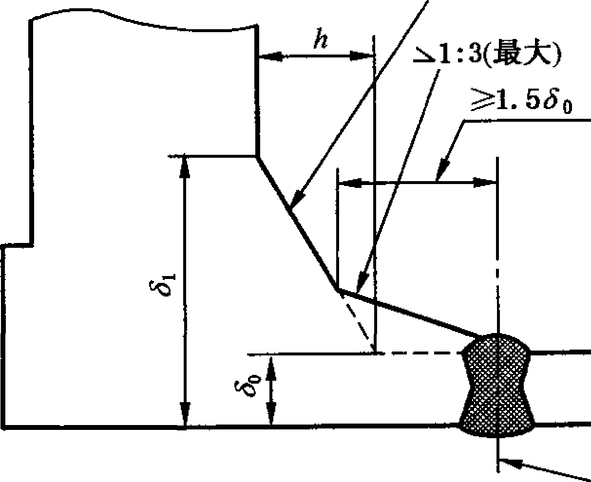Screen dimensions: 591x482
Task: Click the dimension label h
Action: click(x=321, y=38)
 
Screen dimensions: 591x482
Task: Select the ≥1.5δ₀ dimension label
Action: click(x=521, y=100)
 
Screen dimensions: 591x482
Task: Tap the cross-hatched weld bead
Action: click(x=497, y=386)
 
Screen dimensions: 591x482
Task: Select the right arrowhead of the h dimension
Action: click(x=362, y=56)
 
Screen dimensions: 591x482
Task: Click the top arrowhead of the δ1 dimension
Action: click(x=184, y=166)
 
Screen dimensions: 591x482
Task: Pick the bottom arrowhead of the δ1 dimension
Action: click(x=185, y=414)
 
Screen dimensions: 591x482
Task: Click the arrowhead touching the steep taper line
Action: click(x=297, y=198)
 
